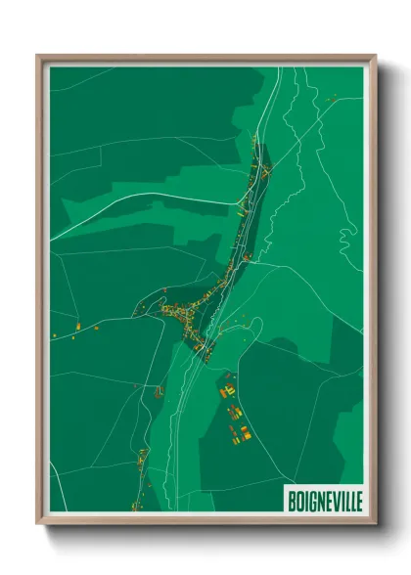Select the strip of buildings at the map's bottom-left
139,479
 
